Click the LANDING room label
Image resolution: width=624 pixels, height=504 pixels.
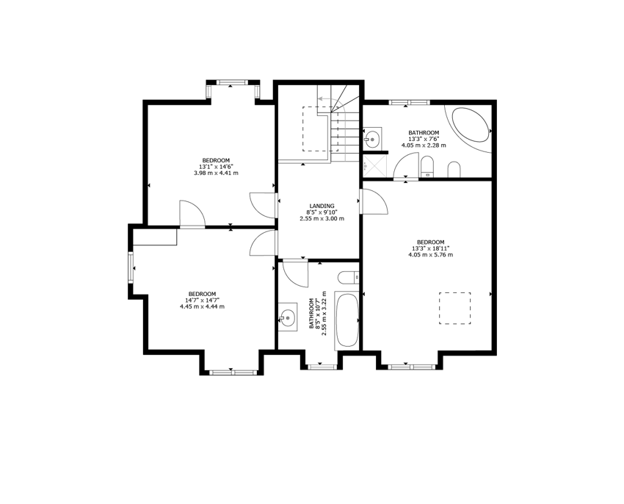tap(322, 206)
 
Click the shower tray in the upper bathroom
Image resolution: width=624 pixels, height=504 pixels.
tap(375, 166)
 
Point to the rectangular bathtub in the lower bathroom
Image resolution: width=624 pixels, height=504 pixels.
tap(347, 320)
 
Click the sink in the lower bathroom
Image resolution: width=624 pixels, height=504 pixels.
tap(287, 317)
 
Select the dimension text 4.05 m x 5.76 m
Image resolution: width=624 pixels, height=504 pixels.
tap(431, 255)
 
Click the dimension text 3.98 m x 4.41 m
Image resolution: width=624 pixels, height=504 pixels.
tap(216, 173)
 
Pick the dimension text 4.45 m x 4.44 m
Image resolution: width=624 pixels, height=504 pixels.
tap(202, 306)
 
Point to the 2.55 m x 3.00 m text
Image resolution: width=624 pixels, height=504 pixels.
tap(322, 219)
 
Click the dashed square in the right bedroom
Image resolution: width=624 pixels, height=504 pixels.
tap(455, 309)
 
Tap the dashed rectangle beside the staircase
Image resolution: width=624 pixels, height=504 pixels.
tap(320, 129)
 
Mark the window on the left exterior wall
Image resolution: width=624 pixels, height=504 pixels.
tap(131, 267)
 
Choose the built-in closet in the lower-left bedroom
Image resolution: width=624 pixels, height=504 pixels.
tap(154, 237)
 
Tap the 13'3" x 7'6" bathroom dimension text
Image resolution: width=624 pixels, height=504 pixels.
tap(424, 139)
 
